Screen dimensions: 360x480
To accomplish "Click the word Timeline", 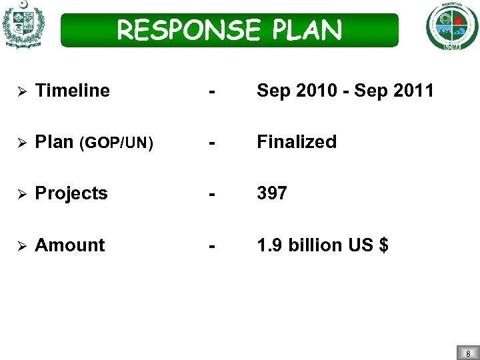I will pyautogui.click(x=72, y=91).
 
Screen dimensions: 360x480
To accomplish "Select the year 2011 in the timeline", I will pyautogui.click(x=413, y=91).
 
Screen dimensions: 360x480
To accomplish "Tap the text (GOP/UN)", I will pyautogui.click(x=116, y=143).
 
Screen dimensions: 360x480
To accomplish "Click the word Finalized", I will pyautogui.click(x=297, y=142).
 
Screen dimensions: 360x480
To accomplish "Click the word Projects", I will pyautogui.click(x=71, y=193).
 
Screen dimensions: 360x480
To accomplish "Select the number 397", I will pyautogui.click(x=272, y=193).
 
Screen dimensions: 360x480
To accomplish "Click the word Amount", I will pyautogui.click(x=69, y=245).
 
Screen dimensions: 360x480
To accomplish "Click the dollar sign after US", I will pyautogui.click(x=383, y=245).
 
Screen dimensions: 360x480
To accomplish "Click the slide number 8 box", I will pyautogui.click(x=468, y=353).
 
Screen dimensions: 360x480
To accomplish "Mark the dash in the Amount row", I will pyautogui.click(x=211, y=246).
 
